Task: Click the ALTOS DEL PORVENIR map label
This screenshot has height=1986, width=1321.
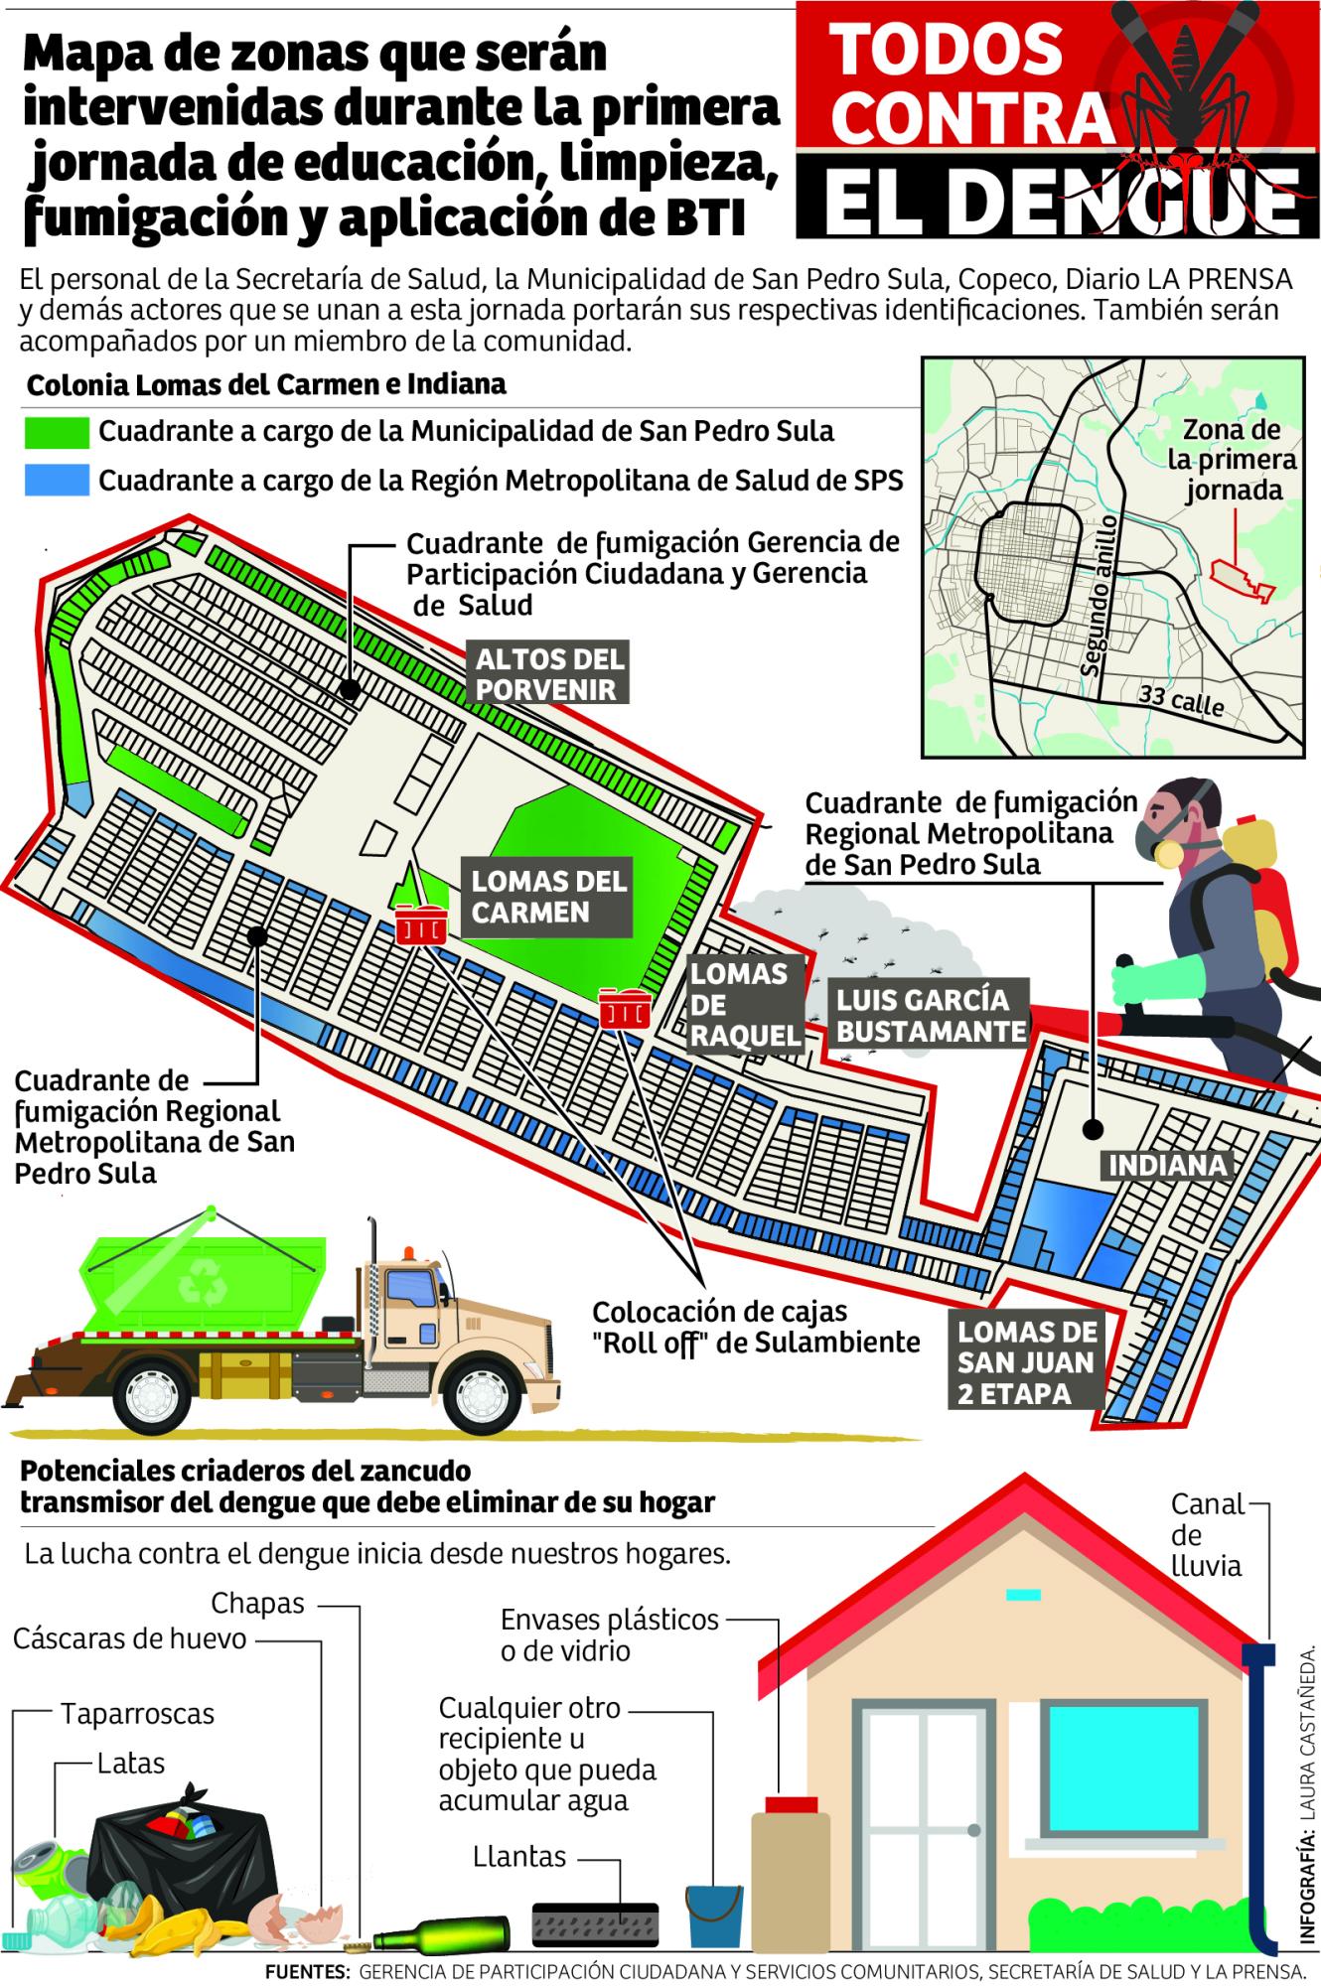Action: point(550,673)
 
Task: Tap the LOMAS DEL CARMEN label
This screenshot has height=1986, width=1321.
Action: point(548,897)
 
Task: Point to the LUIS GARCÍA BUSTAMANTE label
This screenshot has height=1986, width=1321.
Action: point(931,1015)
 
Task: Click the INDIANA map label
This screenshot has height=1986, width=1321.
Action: point(1167,1164)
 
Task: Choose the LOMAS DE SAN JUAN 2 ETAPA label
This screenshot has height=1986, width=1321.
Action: point(1027,1362)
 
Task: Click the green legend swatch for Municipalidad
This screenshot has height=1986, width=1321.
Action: point(57,433)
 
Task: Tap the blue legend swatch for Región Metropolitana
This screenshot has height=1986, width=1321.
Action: point(57,481)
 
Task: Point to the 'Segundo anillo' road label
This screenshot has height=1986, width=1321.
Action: point(1101,597)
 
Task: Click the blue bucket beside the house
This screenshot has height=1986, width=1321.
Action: point(713,1914)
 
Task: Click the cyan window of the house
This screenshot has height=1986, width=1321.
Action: point(1103,1761)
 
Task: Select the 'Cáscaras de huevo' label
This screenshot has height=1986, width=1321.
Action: point(129,1637)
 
